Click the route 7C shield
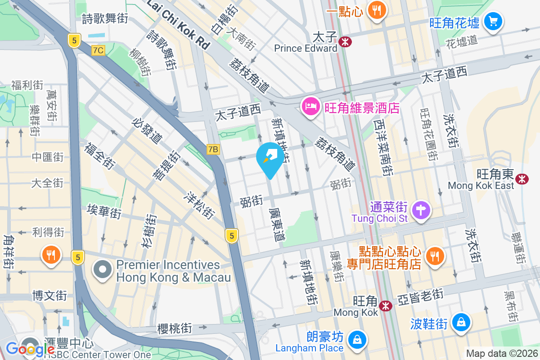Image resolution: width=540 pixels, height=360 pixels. point(98,50)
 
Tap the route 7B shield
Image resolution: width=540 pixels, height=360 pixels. point(213,149)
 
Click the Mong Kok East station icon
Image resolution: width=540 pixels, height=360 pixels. point(522,179)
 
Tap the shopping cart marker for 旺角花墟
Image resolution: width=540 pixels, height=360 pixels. point(493,21)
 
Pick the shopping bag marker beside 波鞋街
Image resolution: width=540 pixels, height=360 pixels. point(461,322)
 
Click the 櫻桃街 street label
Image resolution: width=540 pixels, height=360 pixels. point(175,328)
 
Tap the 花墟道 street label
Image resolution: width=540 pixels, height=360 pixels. point(461,41)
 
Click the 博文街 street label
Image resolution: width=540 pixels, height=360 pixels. point(49,296)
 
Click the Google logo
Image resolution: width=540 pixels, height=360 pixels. point(30,349)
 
